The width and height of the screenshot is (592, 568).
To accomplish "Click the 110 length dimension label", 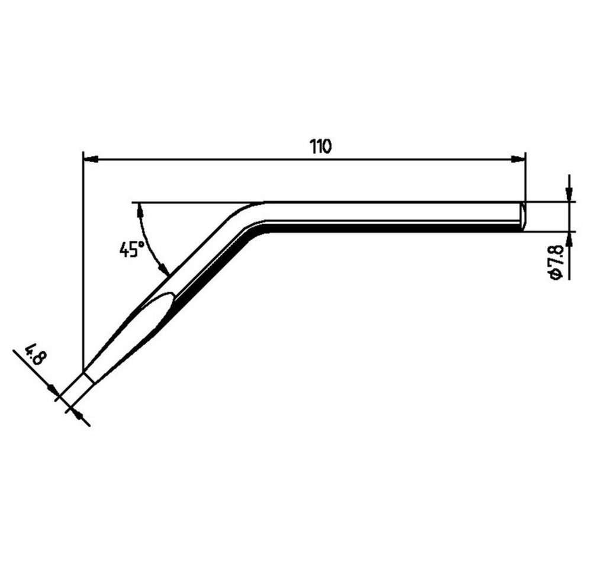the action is pyautogui.click(x=320, y=146).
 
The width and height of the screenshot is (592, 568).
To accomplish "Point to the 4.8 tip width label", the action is pyautogui.click(x=35, y=354).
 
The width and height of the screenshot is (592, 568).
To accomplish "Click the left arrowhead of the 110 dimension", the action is pyautogui.click(x=91, y=160).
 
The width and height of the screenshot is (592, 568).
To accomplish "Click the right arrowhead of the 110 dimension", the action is pyautogui.click(x=517, y=160).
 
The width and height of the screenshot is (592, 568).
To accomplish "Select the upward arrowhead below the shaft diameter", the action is pyautogui.click(x=570, y=239).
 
